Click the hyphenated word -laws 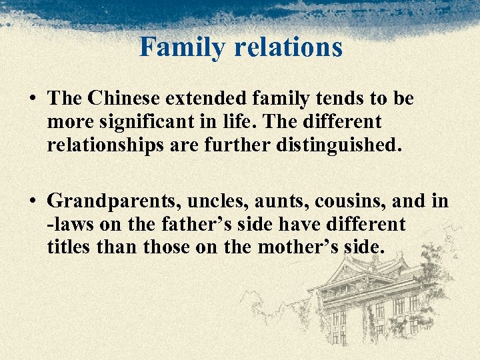69,224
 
